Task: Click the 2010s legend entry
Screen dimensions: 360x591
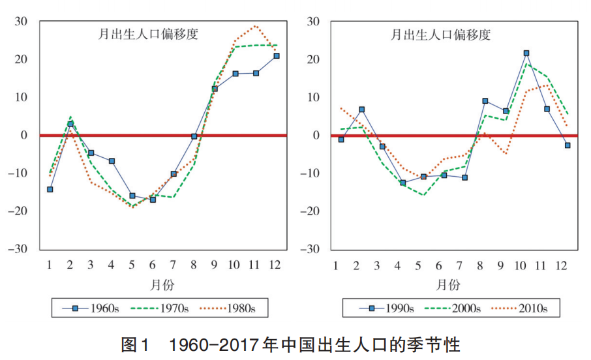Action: [x=529, y=308]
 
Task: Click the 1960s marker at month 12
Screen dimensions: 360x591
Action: [x=277, y=56]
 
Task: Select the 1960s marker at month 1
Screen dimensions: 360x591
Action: [x=50, y=189]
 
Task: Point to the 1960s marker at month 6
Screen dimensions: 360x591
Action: [x=153, y=200]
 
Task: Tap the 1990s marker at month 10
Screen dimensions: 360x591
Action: [x=526, y=53]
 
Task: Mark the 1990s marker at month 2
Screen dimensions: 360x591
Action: [x=361, y=110]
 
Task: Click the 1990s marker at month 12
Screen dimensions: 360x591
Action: [x=568, y=145]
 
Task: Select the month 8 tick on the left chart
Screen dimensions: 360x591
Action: [x=194, y=264]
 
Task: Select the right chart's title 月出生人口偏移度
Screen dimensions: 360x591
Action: [x=441, y=35]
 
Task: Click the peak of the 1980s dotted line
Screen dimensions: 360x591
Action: [x=256, y=26]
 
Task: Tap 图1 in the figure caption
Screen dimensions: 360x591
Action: [x=136, y=344]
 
